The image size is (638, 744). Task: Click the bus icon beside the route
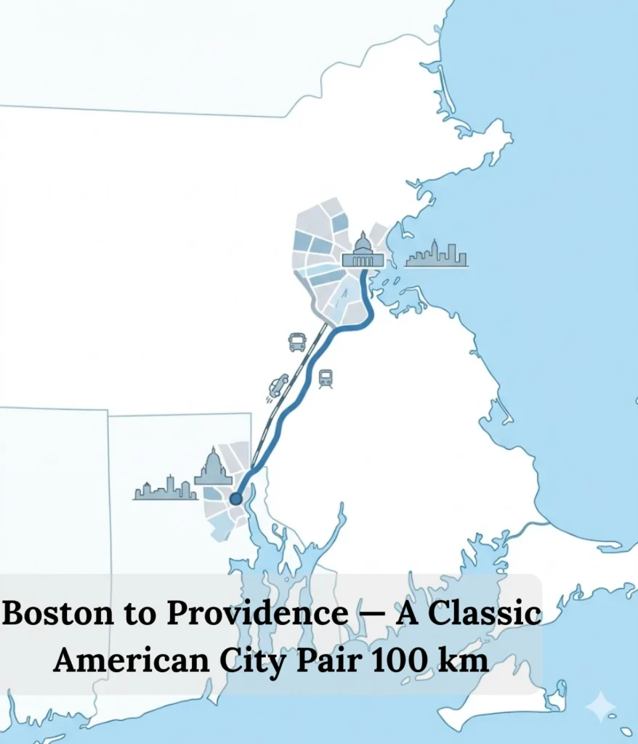297,342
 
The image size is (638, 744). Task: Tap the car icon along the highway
278,385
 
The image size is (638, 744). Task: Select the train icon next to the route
326,378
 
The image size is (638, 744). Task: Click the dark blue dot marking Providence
235,498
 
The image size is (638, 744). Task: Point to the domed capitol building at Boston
362,251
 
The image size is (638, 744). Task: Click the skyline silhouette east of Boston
436,254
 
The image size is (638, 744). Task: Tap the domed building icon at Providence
213,468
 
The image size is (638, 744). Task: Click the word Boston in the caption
52,615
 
